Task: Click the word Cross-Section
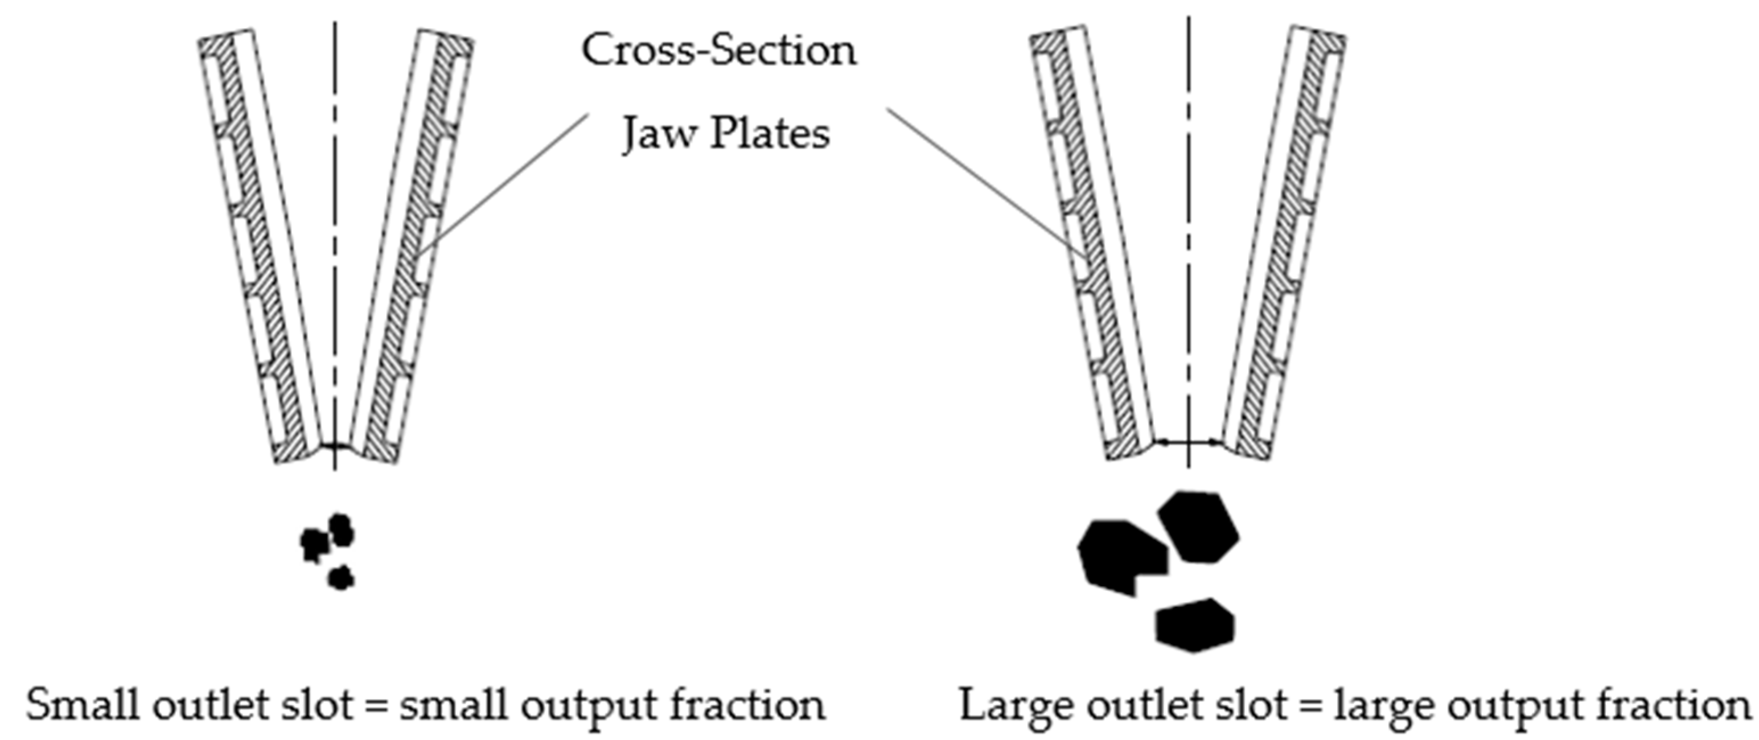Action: pos(718,51)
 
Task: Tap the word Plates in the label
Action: pos(770,133)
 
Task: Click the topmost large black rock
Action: pos(1199,527)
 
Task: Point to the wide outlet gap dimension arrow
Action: pos(1189,442)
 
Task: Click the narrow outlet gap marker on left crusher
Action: pos(334,446)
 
